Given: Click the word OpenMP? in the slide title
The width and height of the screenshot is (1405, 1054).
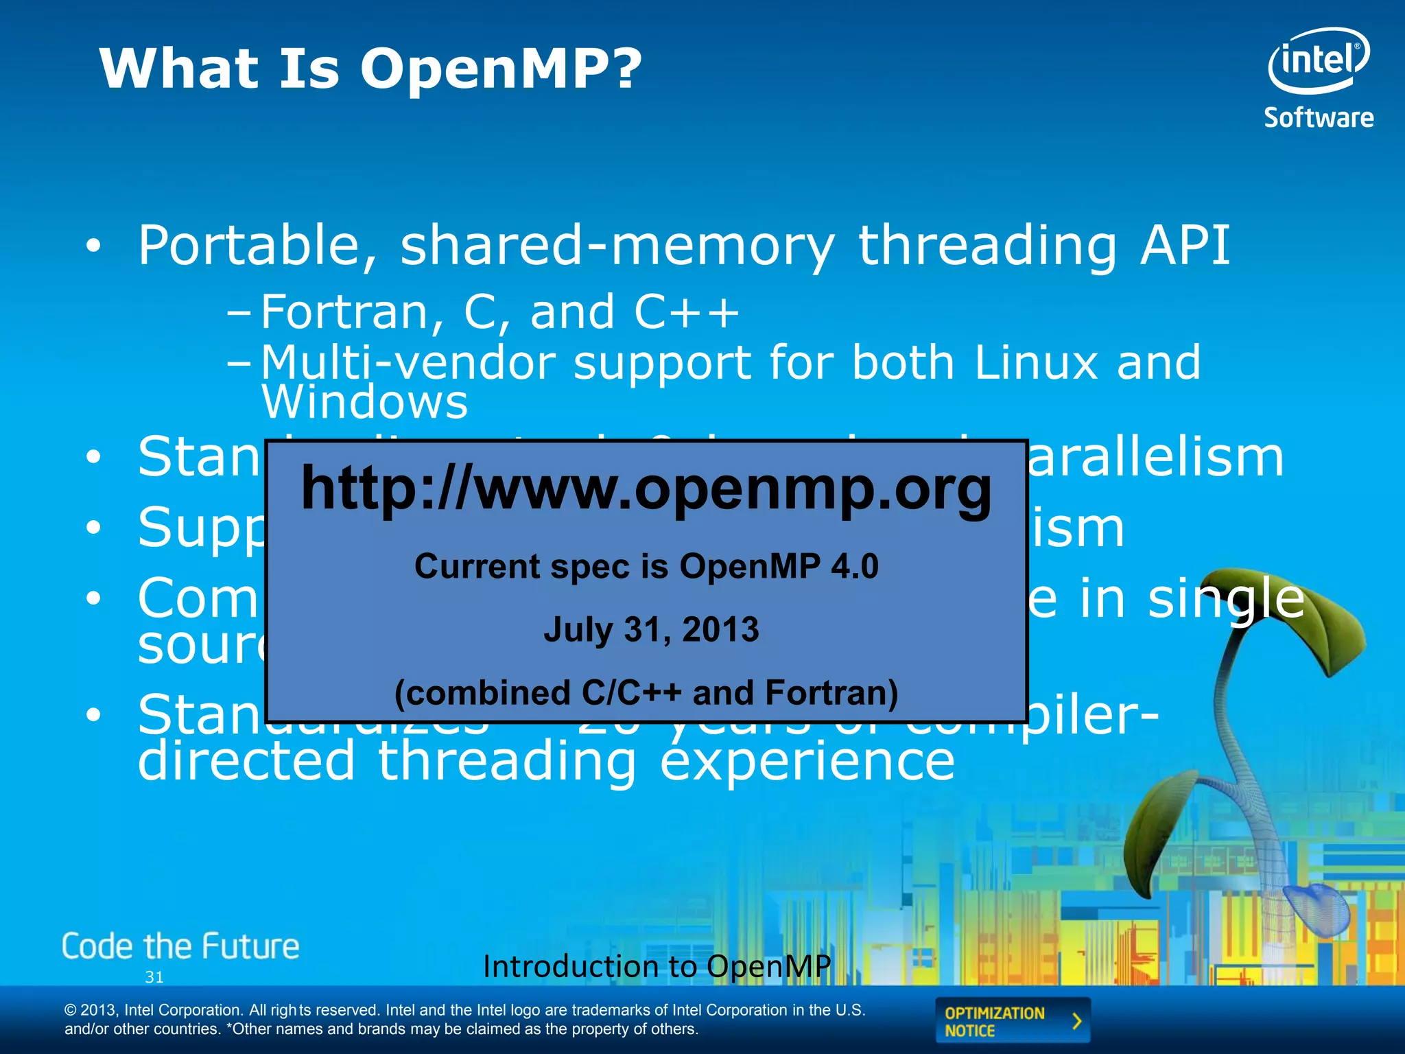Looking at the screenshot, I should (x=501, y=70).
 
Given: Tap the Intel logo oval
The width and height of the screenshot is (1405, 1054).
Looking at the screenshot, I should (x=1318, y=60).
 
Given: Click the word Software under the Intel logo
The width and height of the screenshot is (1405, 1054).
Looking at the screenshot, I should (x=1319, y=118).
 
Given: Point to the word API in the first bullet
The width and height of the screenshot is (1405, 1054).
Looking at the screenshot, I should (x=1185, y=246).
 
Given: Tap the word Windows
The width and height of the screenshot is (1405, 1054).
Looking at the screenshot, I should (x=364, y=403).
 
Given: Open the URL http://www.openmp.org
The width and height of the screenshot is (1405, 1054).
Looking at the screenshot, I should (x=646, y=489).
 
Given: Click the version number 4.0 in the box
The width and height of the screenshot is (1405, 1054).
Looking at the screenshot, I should (x=854, y=567).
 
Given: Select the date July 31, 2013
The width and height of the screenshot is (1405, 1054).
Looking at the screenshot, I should (x=651, y=629).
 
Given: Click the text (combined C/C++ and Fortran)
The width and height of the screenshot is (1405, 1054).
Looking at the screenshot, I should (x=646, y=692).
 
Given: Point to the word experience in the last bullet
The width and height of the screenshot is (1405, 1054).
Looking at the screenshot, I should (x=807, y=762).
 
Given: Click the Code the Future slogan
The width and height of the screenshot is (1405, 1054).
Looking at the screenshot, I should (x=180, y=946).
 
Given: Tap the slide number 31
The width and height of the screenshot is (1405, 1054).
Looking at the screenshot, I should (x=154, y=977).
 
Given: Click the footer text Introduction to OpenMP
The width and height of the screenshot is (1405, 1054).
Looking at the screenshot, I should (x=657, y=966).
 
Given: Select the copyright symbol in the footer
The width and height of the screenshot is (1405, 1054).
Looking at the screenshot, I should (x=70, y=1010).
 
